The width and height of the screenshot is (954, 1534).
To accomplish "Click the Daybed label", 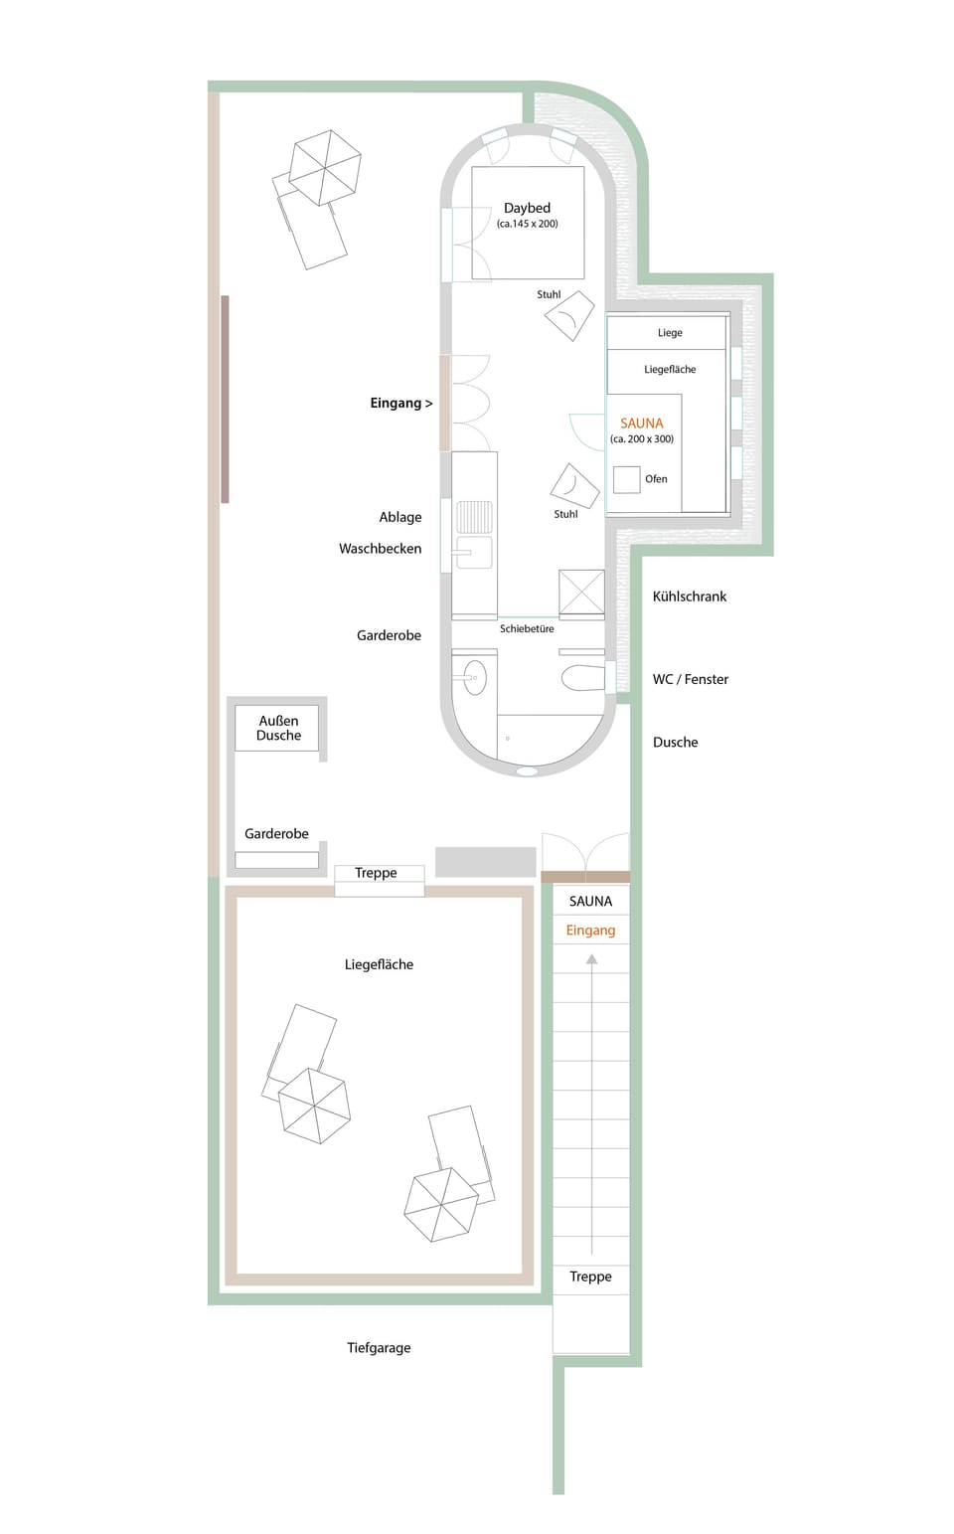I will pyautogui.click(x=527, y=208).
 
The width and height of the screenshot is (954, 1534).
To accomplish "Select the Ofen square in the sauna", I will pyautogui.click(x=626, y=479).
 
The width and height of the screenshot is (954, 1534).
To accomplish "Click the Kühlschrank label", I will pyautogui.click(x=690, y=597).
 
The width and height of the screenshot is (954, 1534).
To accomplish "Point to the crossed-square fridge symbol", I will pyautogui.click(x=581, y=592).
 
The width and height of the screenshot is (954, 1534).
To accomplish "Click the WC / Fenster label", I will pyautogui.click(x=691, y=679).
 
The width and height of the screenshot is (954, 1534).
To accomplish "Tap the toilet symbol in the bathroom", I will pyautogui.click(x=583, y=678).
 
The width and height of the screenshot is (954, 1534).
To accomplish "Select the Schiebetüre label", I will pyautogui.click(x=527, y=628).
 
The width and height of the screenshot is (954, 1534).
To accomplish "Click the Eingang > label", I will pyautogui.click(x=401, y=403).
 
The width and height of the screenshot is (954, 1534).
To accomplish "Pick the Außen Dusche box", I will pyautogui.click(x=278, y=728).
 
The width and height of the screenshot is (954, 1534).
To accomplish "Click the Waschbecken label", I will pyautogui.click(x=380, y=549).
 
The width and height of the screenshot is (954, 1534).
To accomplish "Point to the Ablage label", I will pyautogui.click(x=400, y=517).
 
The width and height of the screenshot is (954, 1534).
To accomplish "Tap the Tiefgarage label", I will pyautogui.click(x=379, y=1348).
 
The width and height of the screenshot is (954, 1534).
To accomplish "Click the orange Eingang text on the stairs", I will pyautogui.click(x=590, y=931).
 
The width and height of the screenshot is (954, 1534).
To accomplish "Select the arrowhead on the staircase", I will pyautogui.click(x=591, y=959).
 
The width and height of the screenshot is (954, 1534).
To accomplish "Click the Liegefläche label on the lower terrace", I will pyautogui.click(x=379, y=964).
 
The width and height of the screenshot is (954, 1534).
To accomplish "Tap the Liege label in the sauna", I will pyautogui.click(x=670, y=333).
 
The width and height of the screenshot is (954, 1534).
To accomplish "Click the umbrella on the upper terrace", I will pyautogui.click(x=324, y=167).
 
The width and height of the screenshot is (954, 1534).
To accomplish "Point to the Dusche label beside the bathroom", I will pyautogui.click(x=676, y=743).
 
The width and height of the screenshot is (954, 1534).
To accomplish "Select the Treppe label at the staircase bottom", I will pyautogui.click(x=590, y=1277).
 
